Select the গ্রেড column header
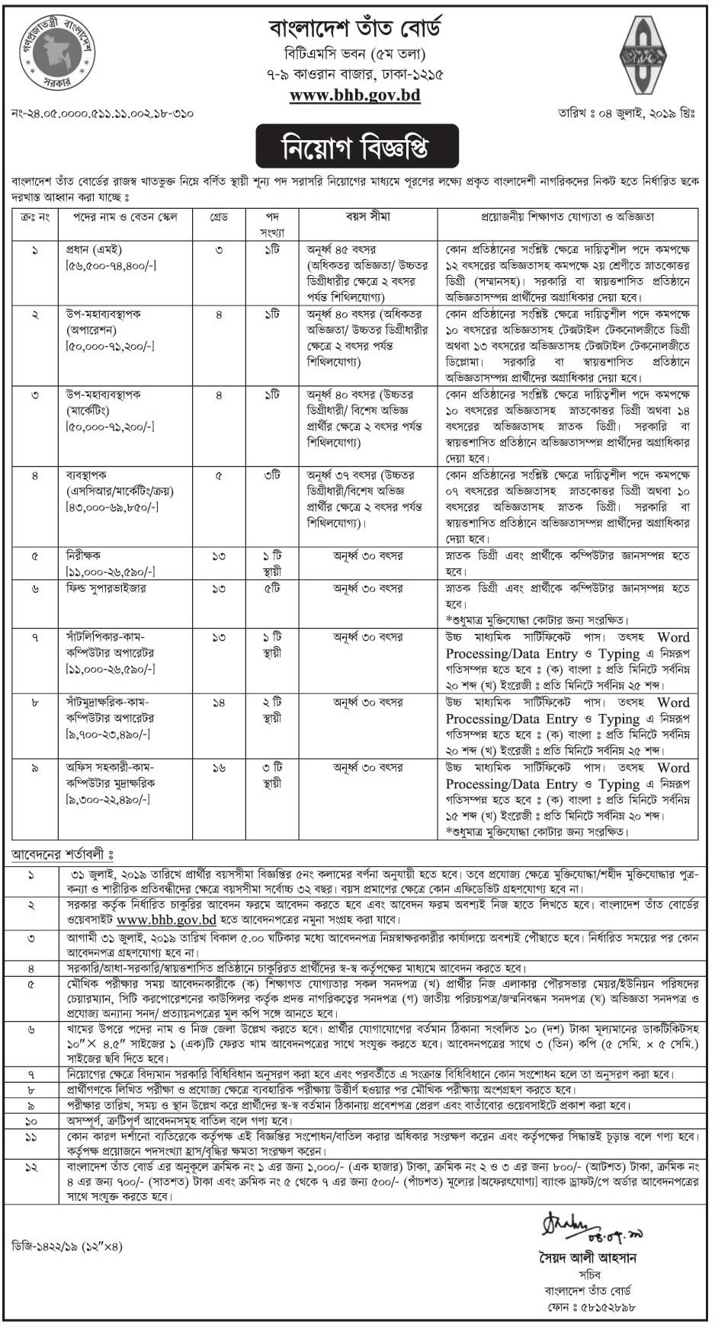(220, 217)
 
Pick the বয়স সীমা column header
(367, 217)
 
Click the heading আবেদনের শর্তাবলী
(61, 854)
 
